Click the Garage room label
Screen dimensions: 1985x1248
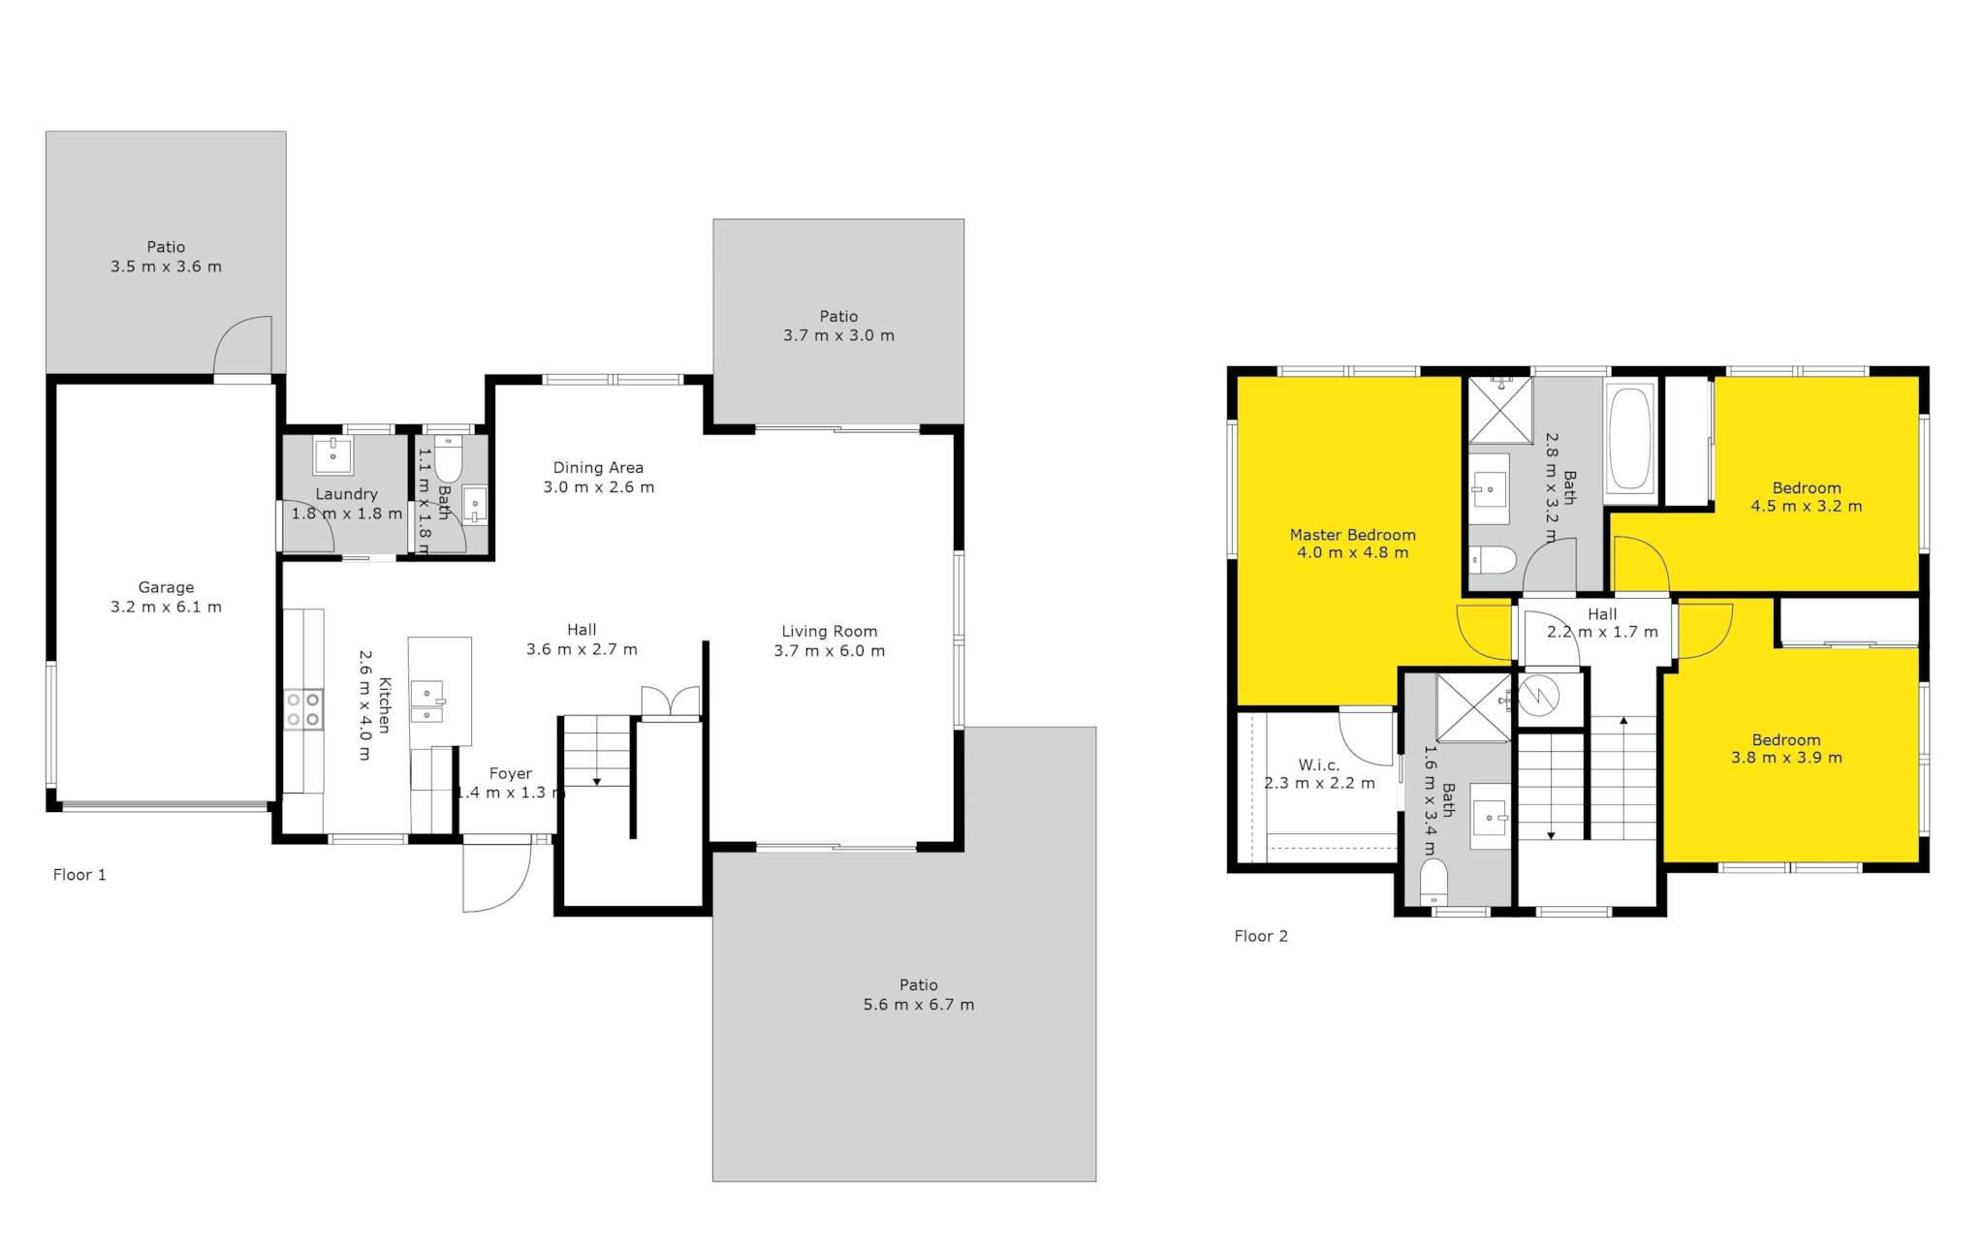166,587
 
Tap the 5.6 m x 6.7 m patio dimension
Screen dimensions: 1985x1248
919,1005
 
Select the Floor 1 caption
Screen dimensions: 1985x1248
79,875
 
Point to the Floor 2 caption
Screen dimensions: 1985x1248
1261,936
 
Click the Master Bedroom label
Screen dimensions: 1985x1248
1352,535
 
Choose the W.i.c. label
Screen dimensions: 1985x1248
1319,765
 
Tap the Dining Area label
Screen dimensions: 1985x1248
598,468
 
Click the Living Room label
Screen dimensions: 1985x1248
830,632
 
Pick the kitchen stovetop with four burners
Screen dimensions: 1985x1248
303,709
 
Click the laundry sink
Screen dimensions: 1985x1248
333,455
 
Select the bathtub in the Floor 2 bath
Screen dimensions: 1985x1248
1629,440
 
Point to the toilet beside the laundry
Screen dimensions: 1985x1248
447,459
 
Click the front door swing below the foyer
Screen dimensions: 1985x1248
496,877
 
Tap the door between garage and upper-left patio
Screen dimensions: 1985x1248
242,346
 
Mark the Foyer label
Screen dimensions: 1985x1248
511,773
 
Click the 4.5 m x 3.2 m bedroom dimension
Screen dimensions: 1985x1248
1806,506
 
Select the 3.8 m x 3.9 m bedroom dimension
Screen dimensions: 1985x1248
1786,758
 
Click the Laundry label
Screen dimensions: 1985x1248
346,494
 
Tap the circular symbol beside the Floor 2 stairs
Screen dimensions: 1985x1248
1537,694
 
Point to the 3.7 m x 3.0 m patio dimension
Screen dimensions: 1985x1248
838,335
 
